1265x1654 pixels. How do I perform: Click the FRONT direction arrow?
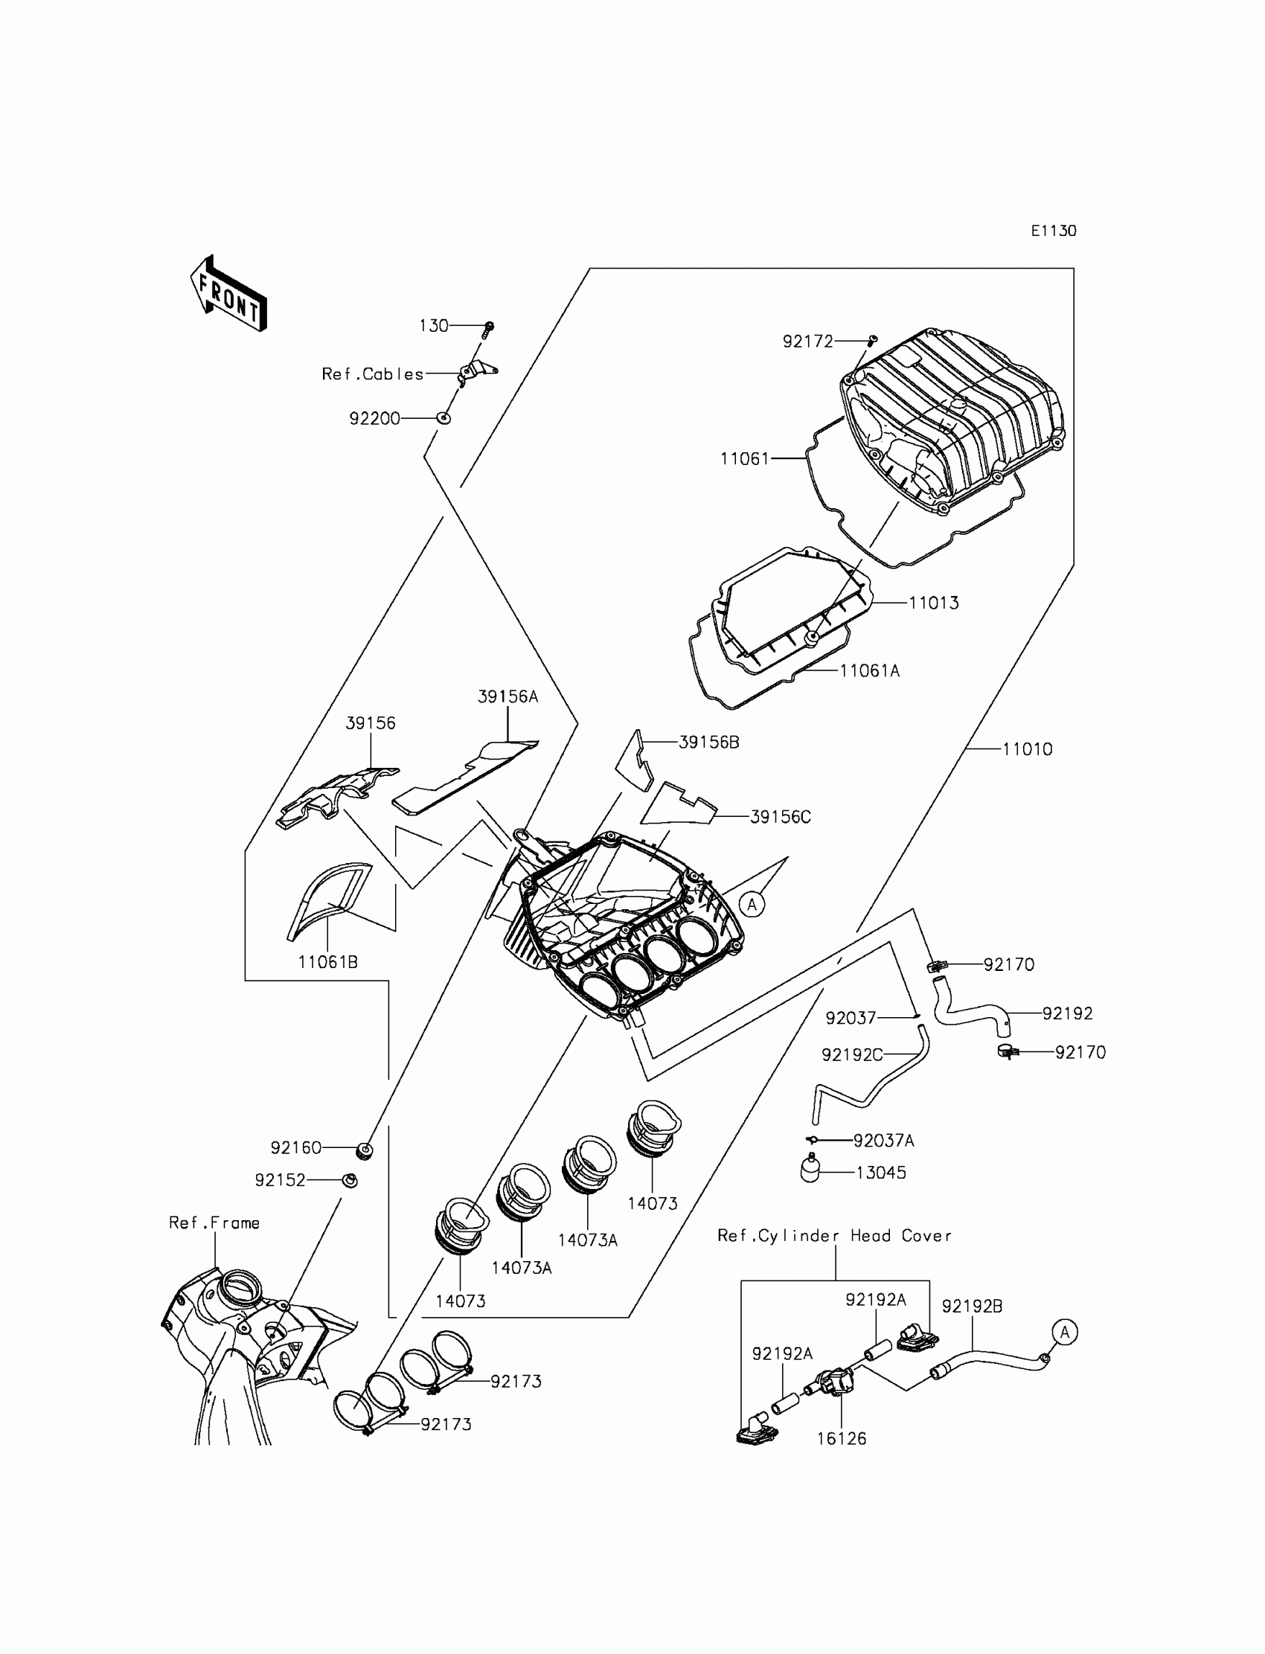click(229, 295)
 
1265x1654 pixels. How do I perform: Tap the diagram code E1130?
click(1053, 231)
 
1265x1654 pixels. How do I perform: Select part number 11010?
click(1027, 749)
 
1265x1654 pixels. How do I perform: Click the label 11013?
click(934, 603)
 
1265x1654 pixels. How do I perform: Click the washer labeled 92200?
click(444, 418)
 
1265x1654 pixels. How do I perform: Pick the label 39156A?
click(507, 696)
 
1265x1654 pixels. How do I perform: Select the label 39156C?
click(780, 817)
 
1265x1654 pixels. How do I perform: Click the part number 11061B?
click(327, 961)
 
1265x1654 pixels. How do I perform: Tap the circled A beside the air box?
click(752, 905)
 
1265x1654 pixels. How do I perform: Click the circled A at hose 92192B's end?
click(1065, 1333)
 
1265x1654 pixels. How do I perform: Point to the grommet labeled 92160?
click(365, 1150)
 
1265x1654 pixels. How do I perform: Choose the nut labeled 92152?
click(350, 1180)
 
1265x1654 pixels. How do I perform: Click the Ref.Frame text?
click(214, 1223)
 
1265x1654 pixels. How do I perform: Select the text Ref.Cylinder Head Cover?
click(834, 1236)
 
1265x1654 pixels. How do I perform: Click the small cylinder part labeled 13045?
click(810, 1170)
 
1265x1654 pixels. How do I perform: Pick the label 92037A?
click(883, 1141)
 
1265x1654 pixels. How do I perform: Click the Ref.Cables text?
click(373, 374)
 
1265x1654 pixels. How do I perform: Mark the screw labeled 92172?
click(873, 341)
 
